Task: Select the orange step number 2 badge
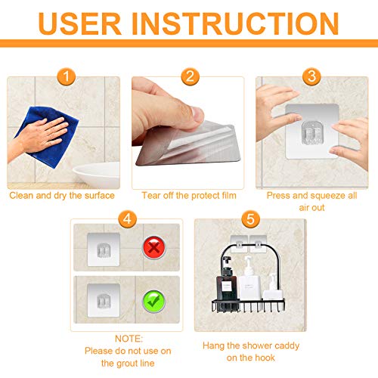coord(190,76)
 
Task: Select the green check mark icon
coord(154,301)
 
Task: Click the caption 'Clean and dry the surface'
coord(62,196)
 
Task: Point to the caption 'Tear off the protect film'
coord(190,196)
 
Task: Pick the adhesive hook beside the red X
coord(101,246)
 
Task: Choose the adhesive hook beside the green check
coord(101,299)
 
